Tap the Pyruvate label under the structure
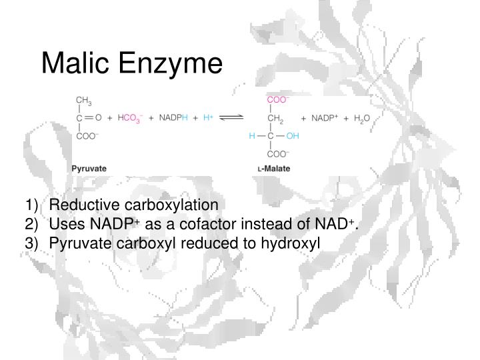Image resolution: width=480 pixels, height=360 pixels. click(89, 169)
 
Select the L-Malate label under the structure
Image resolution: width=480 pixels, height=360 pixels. click(274, 169)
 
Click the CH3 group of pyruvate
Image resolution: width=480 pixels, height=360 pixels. click(83, 101)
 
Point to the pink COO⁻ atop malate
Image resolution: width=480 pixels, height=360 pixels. click(277, 100)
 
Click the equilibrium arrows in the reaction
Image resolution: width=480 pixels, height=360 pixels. click(231, 118)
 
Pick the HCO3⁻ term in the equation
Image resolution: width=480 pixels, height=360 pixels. click(129, 118)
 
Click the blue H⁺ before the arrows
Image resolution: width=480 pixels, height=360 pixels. click(208, 118)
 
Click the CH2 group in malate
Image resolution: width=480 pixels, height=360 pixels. click(275, 118)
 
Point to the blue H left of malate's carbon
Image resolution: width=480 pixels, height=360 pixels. click(252, 136)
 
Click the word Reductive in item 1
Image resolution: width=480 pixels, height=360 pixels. click(77, 204)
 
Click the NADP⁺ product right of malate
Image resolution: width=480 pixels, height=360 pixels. click(325, 118)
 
